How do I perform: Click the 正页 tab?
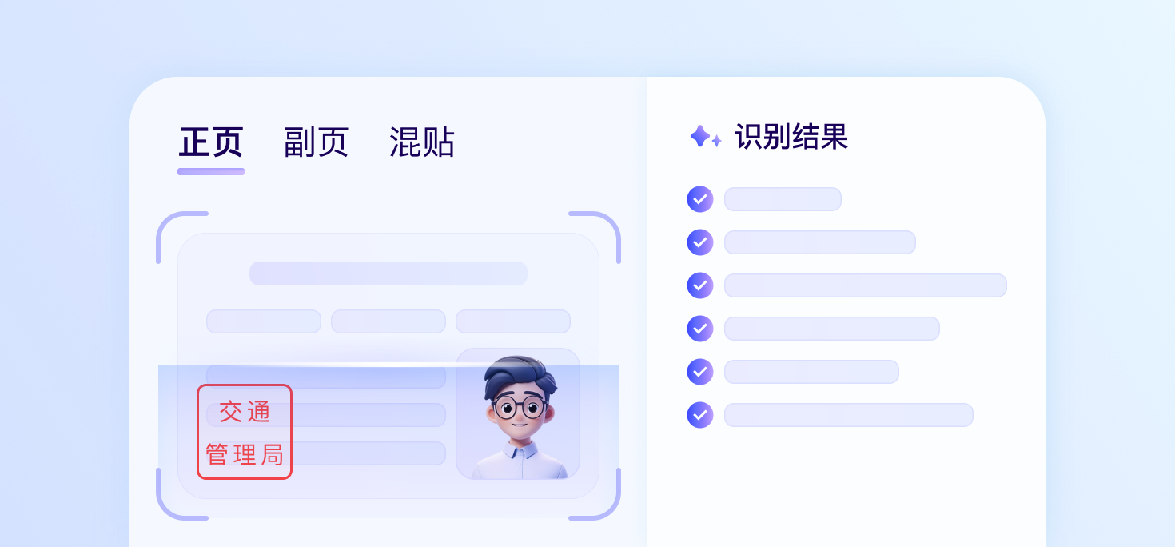coord(211,142)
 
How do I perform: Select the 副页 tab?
coord(316,142)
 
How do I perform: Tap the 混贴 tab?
coord(422,142)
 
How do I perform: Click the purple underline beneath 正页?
coord(211,171)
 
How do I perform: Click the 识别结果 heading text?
coord(791,137)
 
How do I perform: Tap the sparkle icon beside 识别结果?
coord(705,136)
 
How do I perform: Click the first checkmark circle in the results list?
coord(700,199)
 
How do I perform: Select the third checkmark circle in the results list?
coord(700,285)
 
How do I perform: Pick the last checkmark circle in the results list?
coord(700,415)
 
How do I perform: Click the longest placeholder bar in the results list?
coord(866,285)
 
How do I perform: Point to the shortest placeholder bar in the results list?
coord(783,199)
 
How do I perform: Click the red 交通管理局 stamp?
coord(245,432)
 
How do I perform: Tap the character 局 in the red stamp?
coord(272,454)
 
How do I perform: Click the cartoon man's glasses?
coord(520,407)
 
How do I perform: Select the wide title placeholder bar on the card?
coord(388,273)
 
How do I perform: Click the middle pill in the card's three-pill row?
coord(388,321)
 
